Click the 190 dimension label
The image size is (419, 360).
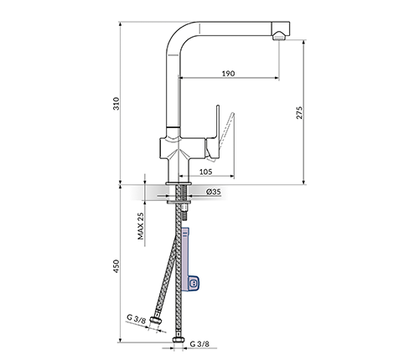[228, 74]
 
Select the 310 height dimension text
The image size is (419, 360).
[116, 103]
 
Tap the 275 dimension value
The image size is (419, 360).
[299, 112]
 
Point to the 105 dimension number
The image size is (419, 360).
[206, 172]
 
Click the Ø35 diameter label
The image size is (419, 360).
[214, 192]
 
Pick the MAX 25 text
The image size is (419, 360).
[141, 226]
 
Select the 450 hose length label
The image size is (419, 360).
[116, 266]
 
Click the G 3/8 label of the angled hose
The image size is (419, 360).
[136, 319]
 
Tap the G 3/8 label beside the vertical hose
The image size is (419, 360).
[199, 344]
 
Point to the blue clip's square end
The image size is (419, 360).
[193, 284]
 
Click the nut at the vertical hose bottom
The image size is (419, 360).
[178, 340]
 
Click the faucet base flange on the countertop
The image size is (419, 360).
[178, 183]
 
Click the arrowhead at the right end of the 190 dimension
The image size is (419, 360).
[277, 78]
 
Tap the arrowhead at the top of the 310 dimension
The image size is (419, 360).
[121, 24]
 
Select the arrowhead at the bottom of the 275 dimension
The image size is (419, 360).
[304, 182]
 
